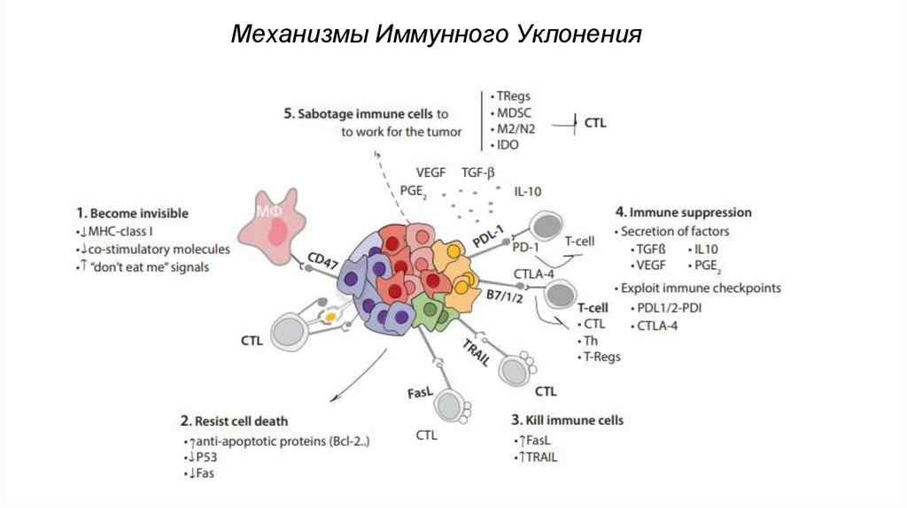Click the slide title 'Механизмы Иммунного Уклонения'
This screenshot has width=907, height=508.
pyautogui.click(x=435, y=35)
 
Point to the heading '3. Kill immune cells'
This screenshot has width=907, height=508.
pyautogui.click(x=567, y=419)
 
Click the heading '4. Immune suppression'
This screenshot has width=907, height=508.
pyautogui.click(x=683, y=212)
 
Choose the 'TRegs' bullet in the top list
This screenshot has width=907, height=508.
pyautogui.click(x=513, y=96)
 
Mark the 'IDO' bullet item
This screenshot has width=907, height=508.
pyautogui.click(x=507, y=144)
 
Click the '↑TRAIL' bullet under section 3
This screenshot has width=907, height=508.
pyautogui.click(x=537, y=457)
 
